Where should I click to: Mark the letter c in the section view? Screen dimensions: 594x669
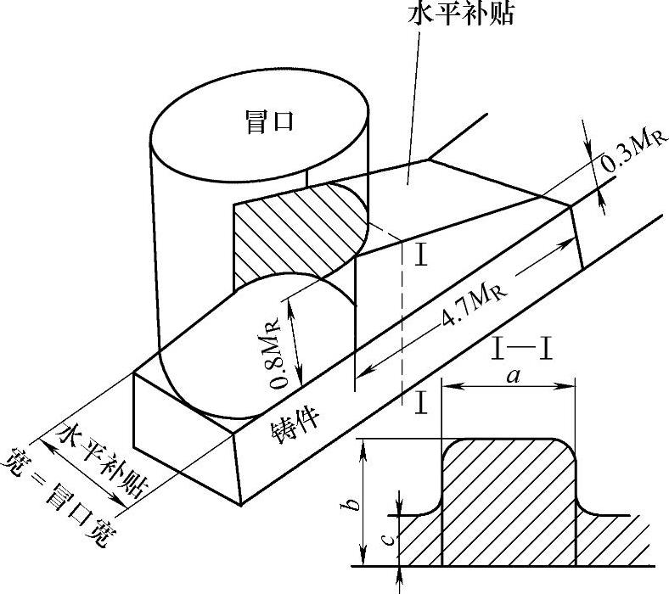coord(386,539)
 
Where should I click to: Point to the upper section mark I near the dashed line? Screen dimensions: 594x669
coord(419,255)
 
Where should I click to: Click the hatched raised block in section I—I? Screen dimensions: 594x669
coord(508,501)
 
